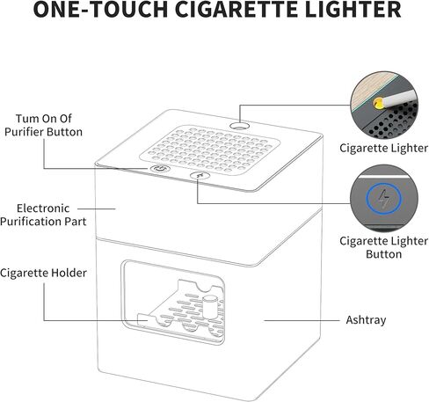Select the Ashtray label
(366, 320)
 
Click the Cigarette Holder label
(43, 273)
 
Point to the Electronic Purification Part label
(43, 215)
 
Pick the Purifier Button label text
(43, 132)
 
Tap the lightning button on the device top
(200, 176)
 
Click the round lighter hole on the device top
(239, 127)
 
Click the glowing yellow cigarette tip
(378, 104)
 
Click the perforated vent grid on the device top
(209, 150)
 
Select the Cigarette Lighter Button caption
(383, 247)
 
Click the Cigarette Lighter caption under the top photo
(383, 148)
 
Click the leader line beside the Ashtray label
(302, 320)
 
